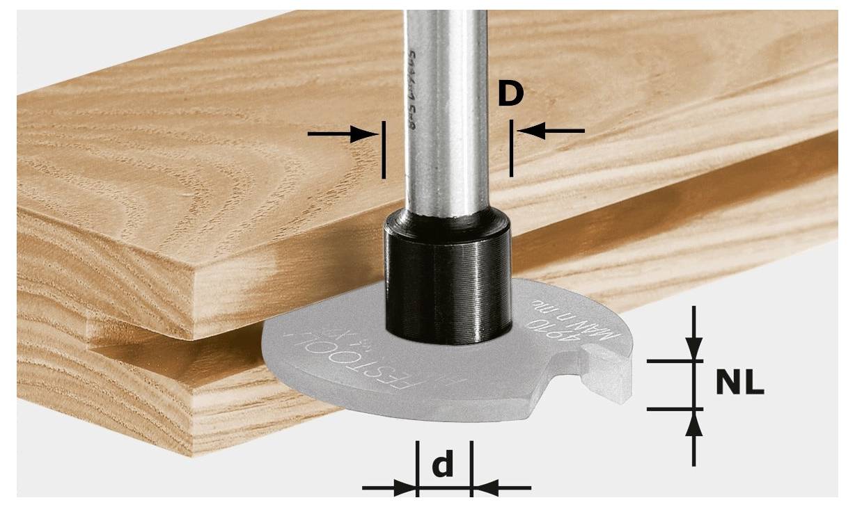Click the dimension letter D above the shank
510,95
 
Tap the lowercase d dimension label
443,466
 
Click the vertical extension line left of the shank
382,150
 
